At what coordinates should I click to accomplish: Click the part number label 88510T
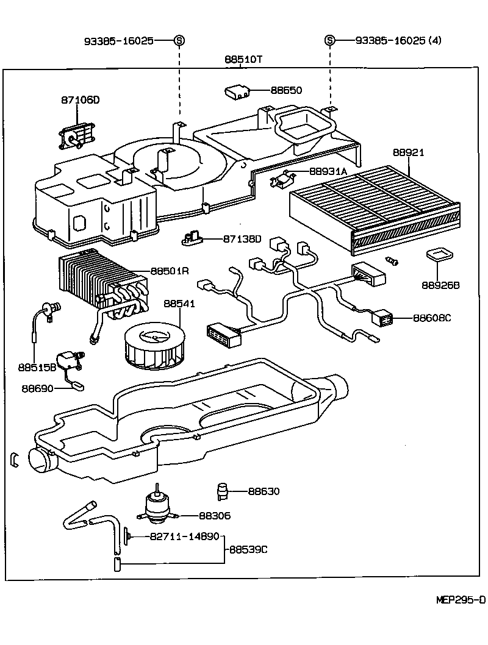pyautogui.click(x=243, y=60)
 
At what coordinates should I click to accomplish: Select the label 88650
pyautogui.click(x=286, y=90)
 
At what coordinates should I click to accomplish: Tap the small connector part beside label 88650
pyautogui.click(x=238, y=91)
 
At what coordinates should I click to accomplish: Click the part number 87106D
pyautogui.click(x=79, y=100)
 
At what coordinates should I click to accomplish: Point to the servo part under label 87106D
pyautogui.click(x=75, y=135)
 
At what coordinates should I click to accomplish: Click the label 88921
pyautogui.click(x=408, y=152)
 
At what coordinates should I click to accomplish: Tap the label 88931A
pyautogui.click(x=328, y=172)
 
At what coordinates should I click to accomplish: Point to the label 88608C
pyautogui.click(x=432, y=318)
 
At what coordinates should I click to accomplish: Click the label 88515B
pyautogui.click(x=37, y=368)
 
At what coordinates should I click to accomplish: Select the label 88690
pyautogui.click(x=38, y=388)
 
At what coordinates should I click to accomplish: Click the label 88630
pyautogui.click(x=264, y=491)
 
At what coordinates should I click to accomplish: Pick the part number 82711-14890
pyautogui.click(x=185, y=536)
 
